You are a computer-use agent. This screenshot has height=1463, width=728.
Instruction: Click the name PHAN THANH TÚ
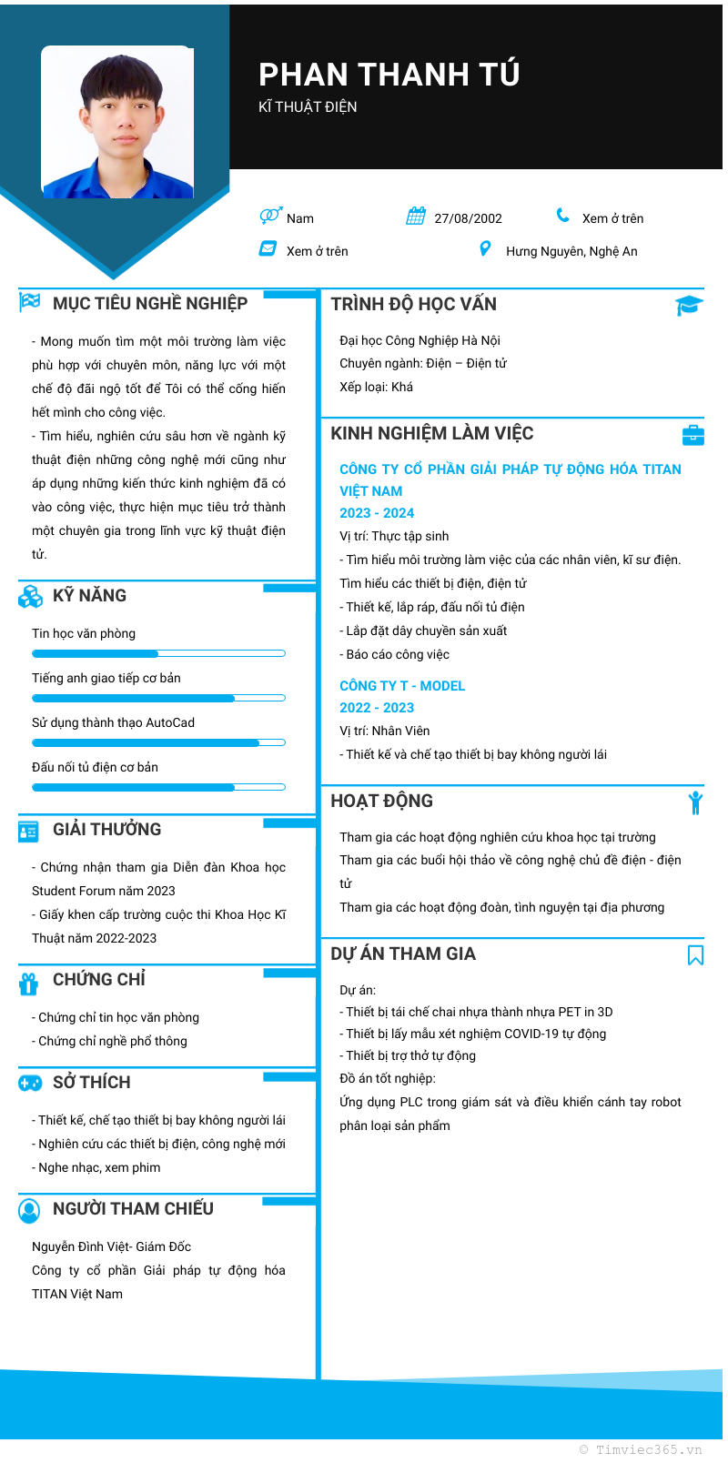tap(389, 75)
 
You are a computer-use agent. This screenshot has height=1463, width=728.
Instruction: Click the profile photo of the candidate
tap(117, 122)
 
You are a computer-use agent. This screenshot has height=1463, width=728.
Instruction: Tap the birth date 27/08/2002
tap(468, 218)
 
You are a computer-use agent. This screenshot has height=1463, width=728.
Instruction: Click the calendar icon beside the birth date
tap(416, 217)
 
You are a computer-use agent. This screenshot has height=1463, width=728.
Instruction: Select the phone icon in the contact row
tap(563, 216)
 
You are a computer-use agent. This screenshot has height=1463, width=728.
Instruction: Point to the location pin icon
tap(485, 248)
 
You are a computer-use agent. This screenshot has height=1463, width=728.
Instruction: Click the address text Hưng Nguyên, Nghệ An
tap(571, 251)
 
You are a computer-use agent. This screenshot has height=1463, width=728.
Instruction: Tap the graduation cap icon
tap(689, 306)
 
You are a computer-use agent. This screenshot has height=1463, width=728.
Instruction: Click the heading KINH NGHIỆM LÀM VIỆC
tap(431, 433)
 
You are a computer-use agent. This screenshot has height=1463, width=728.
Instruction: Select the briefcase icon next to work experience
tap(693, 435)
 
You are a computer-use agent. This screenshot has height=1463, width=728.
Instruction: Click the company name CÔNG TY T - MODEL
tap(402, 686)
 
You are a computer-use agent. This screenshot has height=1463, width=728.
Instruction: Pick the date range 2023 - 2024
tap(377, 513)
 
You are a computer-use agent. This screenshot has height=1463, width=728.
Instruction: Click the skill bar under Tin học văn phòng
tap(158, 653)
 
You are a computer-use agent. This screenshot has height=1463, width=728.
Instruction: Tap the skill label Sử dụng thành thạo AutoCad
tap(113, 722)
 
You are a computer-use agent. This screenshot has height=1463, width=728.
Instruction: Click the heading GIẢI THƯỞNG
tap(106, 829)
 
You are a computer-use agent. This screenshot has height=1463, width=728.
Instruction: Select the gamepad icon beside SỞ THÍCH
tap(30, 1083)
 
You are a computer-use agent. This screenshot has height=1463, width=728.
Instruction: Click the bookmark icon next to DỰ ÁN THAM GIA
tap(695, 954)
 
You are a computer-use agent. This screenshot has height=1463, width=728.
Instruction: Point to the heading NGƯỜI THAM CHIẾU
tap(133, 1208)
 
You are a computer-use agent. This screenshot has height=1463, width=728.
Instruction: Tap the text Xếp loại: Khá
tap(376, 387)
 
